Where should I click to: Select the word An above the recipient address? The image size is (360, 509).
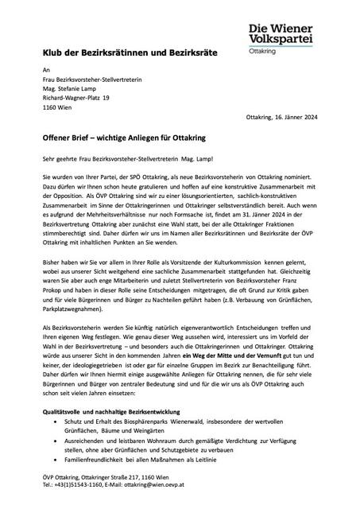click(x=46, y=71)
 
